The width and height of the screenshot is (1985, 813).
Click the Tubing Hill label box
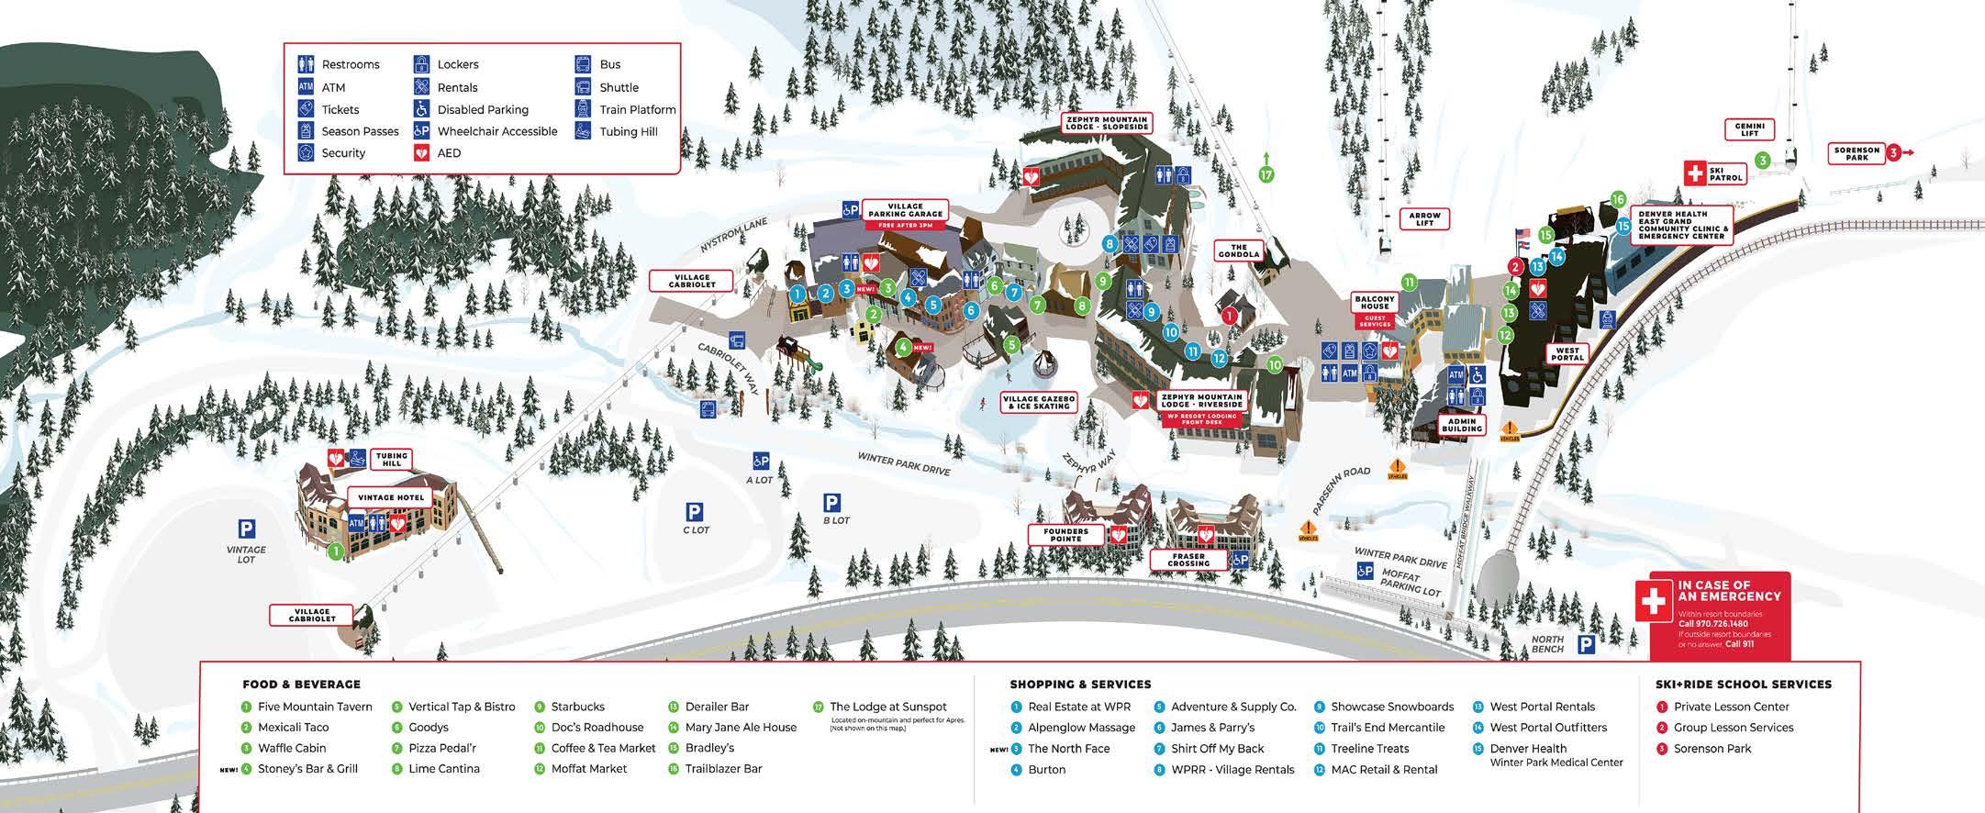[392, 459]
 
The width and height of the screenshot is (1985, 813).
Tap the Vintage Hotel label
[390, 497]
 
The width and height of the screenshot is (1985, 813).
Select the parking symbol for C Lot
[695, 512]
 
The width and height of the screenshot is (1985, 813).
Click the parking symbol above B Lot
[831, 503]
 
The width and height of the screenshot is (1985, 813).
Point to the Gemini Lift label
[1749, 129]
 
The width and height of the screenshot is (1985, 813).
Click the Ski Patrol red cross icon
[1694, 173]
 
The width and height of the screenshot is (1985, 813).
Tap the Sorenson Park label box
[1857, 153]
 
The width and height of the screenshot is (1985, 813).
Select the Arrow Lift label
[1424, 219]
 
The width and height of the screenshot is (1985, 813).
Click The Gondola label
[1239, 251]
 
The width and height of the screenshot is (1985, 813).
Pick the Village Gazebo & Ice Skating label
[1039, 403]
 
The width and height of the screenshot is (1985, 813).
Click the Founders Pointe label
[1065, 534]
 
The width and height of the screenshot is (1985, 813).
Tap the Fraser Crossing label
[1188, 559]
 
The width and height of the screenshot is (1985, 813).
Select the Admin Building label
[1462, 425]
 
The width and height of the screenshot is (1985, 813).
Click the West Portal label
[1567, 353]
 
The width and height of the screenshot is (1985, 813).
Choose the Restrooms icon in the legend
[307, 64]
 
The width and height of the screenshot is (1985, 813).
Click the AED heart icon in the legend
[422, 152]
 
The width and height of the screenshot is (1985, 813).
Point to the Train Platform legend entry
[637, 109]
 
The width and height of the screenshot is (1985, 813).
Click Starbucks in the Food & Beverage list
[577, 707]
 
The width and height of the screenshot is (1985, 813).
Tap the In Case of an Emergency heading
[1729, 590]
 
